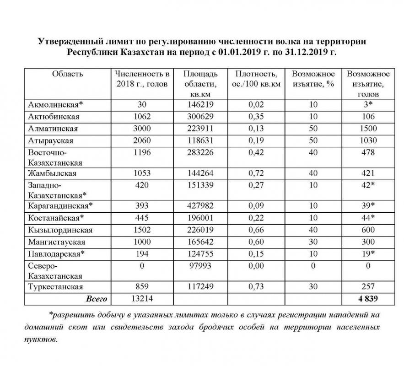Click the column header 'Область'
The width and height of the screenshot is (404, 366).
click(x=67, y=74)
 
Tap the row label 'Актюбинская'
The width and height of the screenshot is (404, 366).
click(x=54, y=116)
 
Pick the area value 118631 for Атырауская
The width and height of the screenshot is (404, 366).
click(x=199, y=141)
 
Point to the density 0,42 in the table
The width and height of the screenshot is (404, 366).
click(x=257, y=152)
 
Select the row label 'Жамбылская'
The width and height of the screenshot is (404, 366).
click(x=52, y=173)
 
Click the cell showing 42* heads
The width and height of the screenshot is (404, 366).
click(x=368, y=185)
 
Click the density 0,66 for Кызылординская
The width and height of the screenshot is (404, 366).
click(x=257, y=230)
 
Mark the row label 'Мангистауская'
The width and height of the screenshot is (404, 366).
click(x=57, y=242)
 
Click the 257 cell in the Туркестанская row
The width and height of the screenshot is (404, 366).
click(x=368, y=287)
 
